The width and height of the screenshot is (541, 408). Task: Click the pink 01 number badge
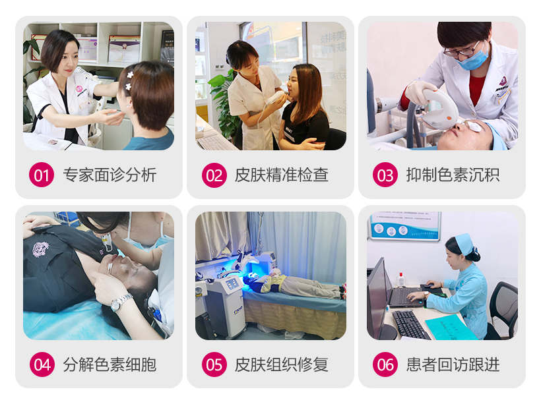[42, 175]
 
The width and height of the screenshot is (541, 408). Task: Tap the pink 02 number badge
[214, 175]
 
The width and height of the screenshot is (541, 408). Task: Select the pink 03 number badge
[385, 175]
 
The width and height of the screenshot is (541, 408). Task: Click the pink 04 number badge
[42, 364]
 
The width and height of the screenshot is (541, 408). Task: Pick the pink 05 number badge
[214, 364]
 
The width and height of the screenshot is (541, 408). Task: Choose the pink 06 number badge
[385, 364]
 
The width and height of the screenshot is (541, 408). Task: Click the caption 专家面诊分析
[110, 175]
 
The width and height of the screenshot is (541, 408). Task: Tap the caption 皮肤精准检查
[282, 175]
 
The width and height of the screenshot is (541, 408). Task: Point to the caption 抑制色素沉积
[453, 175]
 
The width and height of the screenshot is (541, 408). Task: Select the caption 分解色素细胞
[110, 364]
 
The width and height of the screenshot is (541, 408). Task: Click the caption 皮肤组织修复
[282, 364]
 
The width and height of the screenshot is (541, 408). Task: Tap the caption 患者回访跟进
[453, 364]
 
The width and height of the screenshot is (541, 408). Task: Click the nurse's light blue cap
[464, 243]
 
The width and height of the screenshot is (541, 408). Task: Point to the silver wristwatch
[121, 302]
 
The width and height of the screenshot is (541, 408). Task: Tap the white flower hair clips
[129, 80]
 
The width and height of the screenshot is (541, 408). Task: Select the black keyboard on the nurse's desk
[410, 324]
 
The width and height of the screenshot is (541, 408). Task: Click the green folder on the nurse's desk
[449, 327]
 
